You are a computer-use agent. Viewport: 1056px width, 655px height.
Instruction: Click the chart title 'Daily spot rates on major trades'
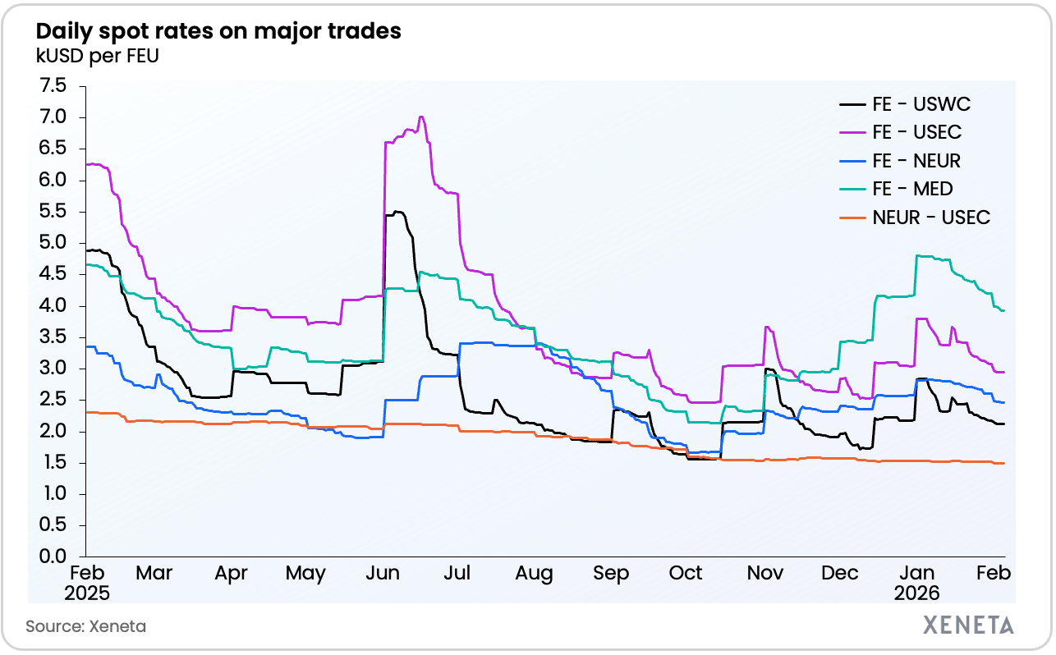pos(218,32)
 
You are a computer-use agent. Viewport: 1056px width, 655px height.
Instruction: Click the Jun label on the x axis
pos(382,574)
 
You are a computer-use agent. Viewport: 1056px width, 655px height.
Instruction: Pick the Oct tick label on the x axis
pos(686,574)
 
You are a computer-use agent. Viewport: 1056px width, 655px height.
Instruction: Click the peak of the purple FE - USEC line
pos(421,117)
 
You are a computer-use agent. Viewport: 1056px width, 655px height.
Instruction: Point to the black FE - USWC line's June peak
pos(397,212)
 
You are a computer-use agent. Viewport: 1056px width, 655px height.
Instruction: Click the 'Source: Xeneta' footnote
pos(85,626)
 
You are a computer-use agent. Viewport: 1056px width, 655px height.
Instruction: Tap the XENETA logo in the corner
pos(968,625)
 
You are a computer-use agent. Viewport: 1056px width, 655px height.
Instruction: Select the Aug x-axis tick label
pos(534,574)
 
